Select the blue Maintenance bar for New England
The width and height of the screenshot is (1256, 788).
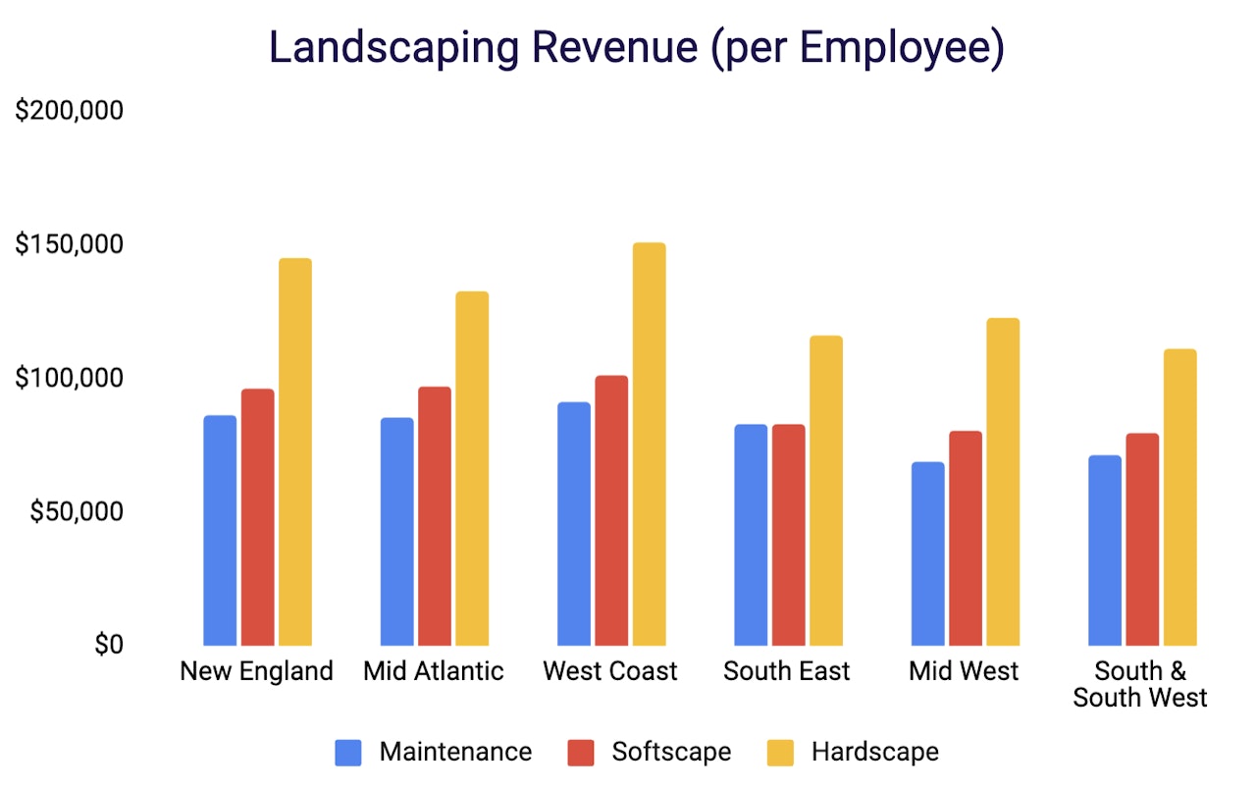click(220, 530)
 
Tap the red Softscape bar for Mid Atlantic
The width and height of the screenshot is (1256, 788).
click(435, 515)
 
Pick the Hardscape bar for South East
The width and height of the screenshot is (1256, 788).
click(825, 490)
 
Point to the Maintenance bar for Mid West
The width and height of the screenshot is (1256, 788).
click(927, 553)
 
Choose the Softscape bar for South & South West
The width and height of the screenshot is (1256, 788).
click(1142, 539)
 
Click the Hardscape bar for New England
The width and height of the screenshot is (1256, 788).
click(294, 451)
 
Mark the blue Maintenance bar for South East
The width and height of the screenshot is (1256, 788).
click(751, 535)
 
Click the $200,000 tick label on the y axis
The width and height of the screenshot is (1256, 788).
click(70, 111)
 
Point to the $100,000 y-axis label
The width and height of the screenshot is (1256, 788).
click(70, 379)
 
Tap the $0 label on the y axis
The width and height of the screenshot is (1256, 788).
click(109, 646)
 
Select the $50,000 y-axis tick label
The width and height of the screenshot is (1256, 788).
click(77, 512)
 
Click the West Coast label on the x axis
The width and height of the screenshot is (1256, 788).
click(610, 671)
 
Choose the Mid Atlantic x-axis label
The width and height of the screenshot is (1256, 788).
click(433, 671)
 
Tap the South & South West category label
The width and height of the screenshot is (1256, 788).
click(1140, 684)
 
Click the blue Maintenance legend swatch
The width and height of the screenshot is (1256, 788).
click(348, 753)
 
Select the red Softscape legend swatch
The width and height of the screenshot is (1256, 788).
click(581, 753)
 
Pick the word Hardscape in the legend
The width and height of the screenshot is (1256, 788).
click(874, 753)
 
